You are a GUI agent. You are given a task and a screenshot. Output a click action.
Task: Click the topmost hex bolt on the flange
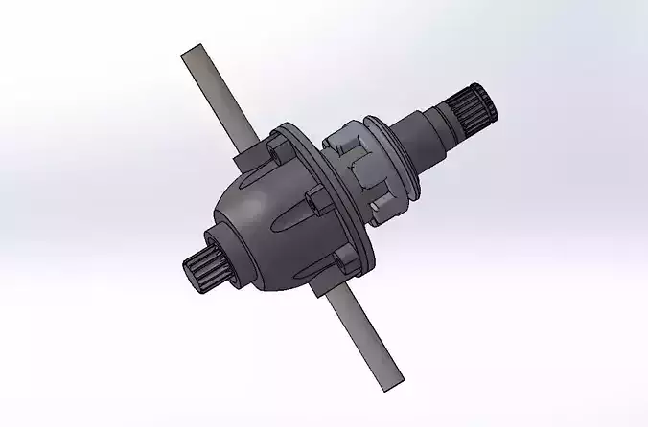coord(277,148)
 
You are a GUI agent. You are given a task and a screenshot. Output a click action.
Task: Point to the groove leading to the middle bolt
coord(284,216)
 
